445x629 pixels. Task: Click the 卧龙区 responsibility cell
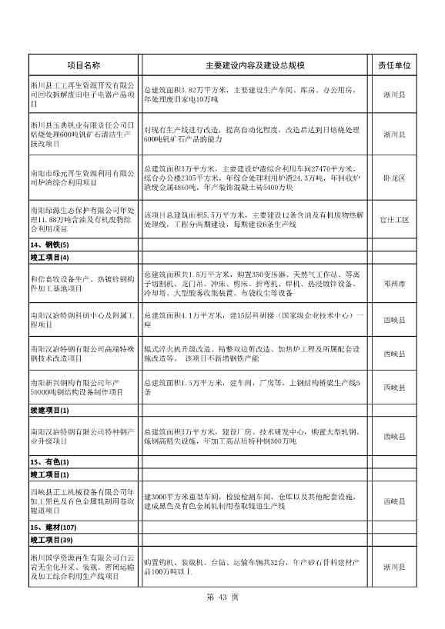[395, 177]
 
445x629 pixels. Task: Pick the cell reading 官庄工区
[395, 220]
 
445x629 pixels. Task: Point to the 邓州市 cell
[395, 284]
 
